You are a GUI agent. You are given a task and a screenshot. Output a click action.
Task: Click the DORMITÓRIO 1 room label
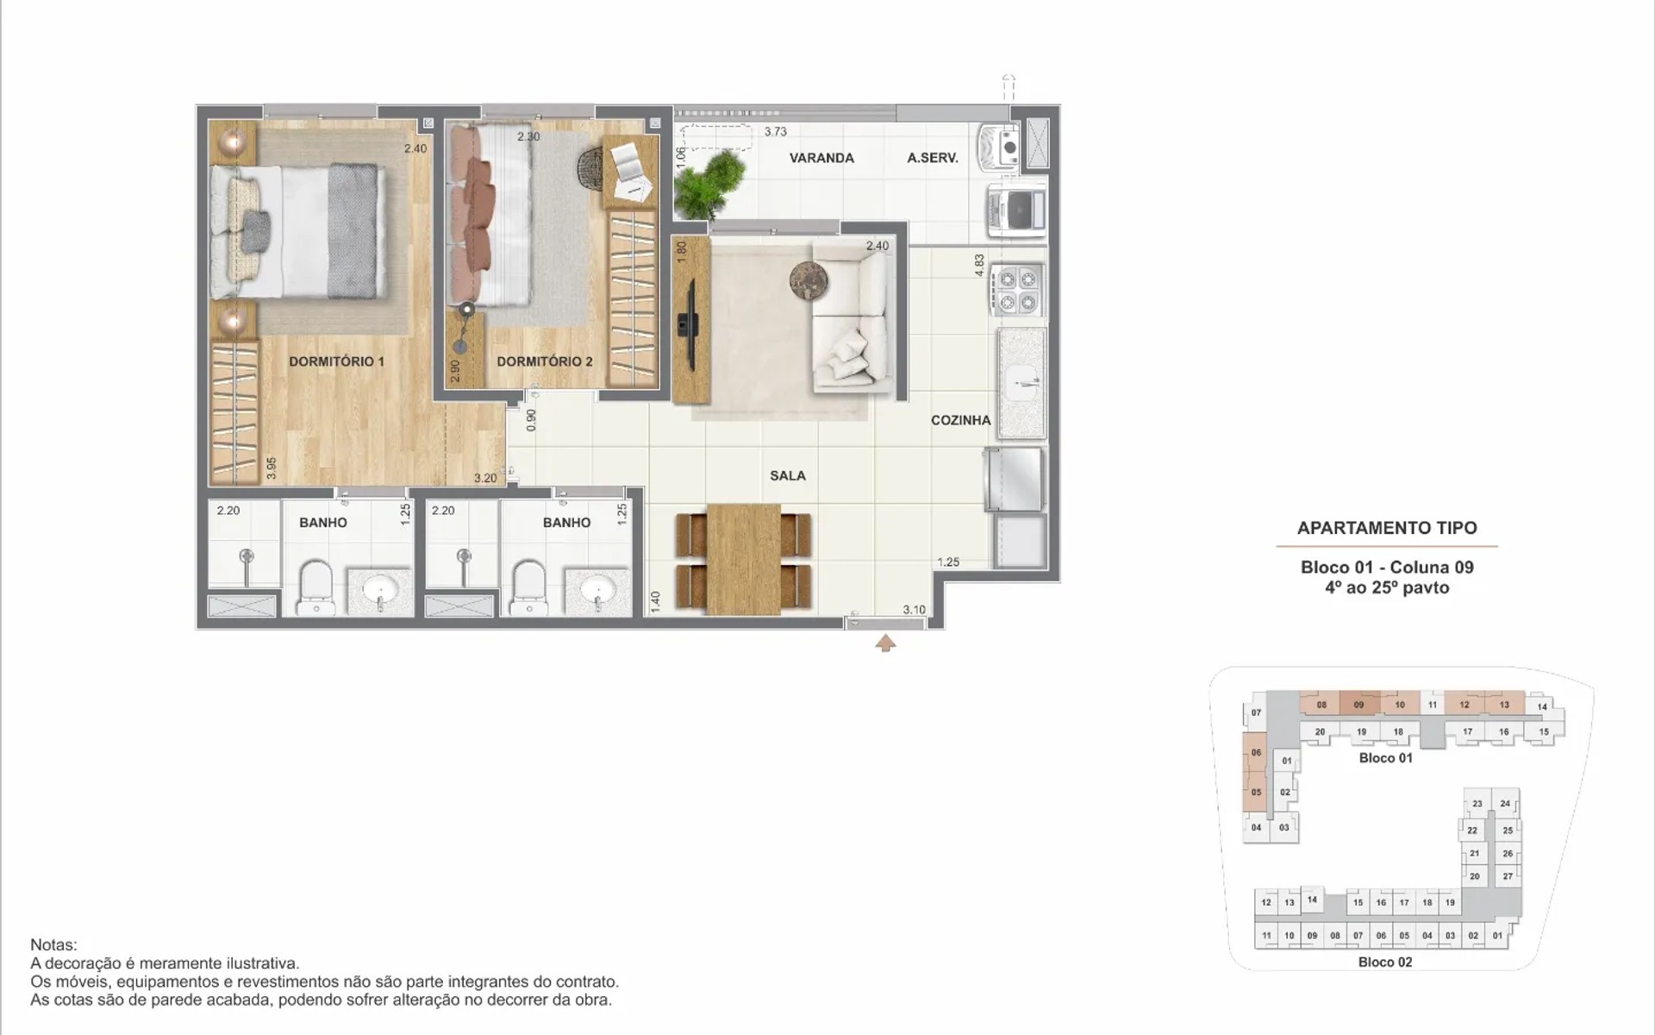pyautogui.click(x=336, y=361)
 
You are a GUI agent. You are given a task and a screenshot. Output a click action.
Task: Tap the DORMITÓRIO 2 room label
pyautogui.click(x=545, y=361)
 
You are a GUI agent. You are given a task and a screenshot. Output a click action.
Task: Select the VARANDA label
pyautogui.click(x=821, y=158)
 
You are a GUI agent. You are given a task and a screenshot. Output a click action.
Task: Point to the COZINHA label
pyautogui.click(x=960, y=420)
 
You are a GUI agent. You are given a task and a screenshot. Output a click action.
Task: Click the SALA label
pyautogui.click(x=788, y=475)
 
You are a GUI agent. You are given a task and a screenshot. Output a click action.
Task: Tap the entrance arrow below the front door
pyautogui.click(x=885, y=643)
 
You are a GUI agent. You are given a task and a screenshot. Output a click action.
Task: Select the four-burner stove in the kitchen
pyautogui.click(x=1017, y=291)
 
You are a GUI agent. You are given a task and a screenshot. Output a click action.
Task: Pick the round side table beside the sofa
pyautogui.click(x=809, y=280)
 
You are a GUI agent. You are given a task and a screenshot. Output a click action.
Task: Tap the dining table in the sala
pyautogui.click(x=743, y=559)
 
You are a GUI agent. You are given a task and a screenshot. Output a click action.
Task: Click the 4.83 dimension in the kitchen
pyautogui.click(x=979, y=265)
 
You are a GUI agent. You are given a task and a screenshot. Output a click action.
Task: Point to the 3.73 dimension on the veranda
pyautogui.click(x=776, y=132)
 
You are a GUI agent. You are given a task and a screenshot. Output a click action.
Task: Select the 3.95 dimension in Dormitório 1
pyautogui.click(x=271, y=468)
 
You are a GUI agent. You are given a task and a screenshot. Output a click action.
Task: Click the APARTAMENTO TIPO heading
pyautogui.click(x=1387, y=528)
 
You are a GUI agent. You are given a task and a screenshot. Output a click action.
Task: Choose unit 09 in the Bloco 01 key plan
pyautogui.click(x=1358, y=705)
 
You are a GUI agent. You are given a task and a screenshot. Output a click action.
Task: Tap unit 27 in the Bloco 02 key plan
pyautogui.click(x=1508, y=875)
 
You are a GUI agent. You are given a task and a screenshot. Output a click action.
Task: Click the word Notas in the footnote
pyautogui.click(x=53, y=945)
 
